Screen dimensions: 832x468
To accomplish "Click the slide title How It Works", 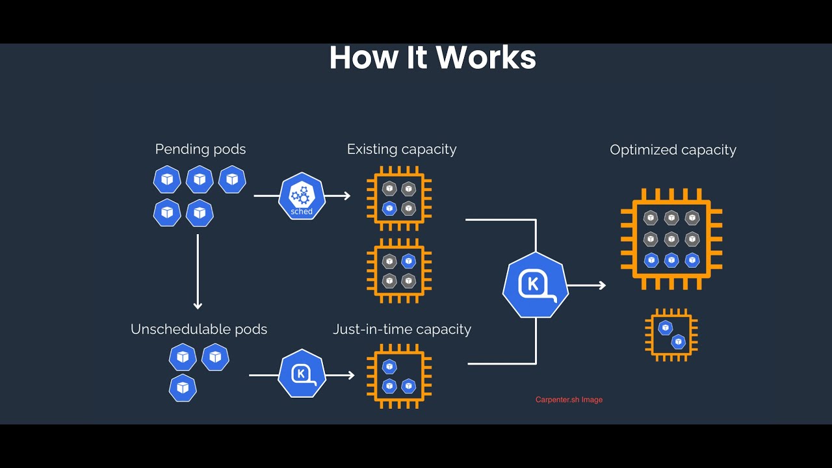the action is pyautogui.click(x=433, y=57).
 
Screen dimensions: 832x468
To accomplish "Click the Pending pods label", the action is pyautogui.click(x=201, y=149).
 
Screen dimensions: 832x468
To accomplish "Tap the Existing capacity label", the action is pyautogui.click(x=402, y=149).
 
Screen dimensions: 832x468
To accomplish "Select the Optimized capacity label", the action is pyautogui.click(x=673, y=150).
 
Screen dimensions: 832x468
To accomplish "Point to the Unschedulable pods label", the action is pyautogui.click(x=199, y=330).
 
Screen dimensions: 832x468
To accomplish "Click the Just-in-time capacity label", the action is pyautogui.click(x=402, y=330).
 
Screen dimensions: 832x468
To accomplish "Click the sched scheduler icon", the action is pyautogui.click(x=302, y=196).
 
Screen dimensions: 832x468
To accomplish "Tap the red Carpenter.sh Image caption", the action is pyautogui.click(x=569, y=400).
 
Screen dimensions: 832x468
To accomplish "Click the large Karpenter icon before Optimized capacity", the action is pyautogui.click(x=536, y=285).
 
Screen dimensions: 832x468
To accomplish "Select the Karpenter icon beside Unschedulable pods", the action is pyautogui.click(x=302, y=374).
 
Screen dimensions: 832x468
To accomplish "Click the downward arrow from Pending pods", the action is pyautogui.click(x=198, y=272).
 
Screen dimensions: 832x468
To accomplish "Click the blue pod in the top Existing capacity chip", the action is pyautogui.click(x=389, y=209).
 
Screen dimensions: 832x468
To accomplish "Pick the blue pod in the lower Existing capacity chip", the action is pyautogui.click(x=409, y=261).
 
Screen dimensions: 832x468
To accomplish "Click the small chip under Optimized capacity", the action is pyautogui.click(x=671, y=335).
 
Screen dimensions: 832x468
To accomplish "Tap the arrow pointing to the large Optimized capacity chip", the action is pyautogui.click(x=587, y=285).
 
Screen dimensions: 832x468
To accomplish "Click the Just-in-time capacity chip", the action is pyautogui.click(x=399, y=376).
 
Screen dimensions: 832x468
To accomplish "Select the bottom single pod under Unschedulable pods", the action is pyautogui.click(x=183, y=388).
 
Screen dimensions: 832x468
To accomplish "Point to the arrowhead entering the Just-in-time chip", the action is pyautogui.click(x=350, y=376).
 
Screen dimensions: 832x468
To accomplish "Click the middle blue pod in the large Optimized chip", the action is pyautogui.click(x=671, y=261).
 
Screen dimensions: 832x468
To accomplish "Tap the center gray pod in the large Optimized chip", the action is pyautogui.click(x=671, y=239).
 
